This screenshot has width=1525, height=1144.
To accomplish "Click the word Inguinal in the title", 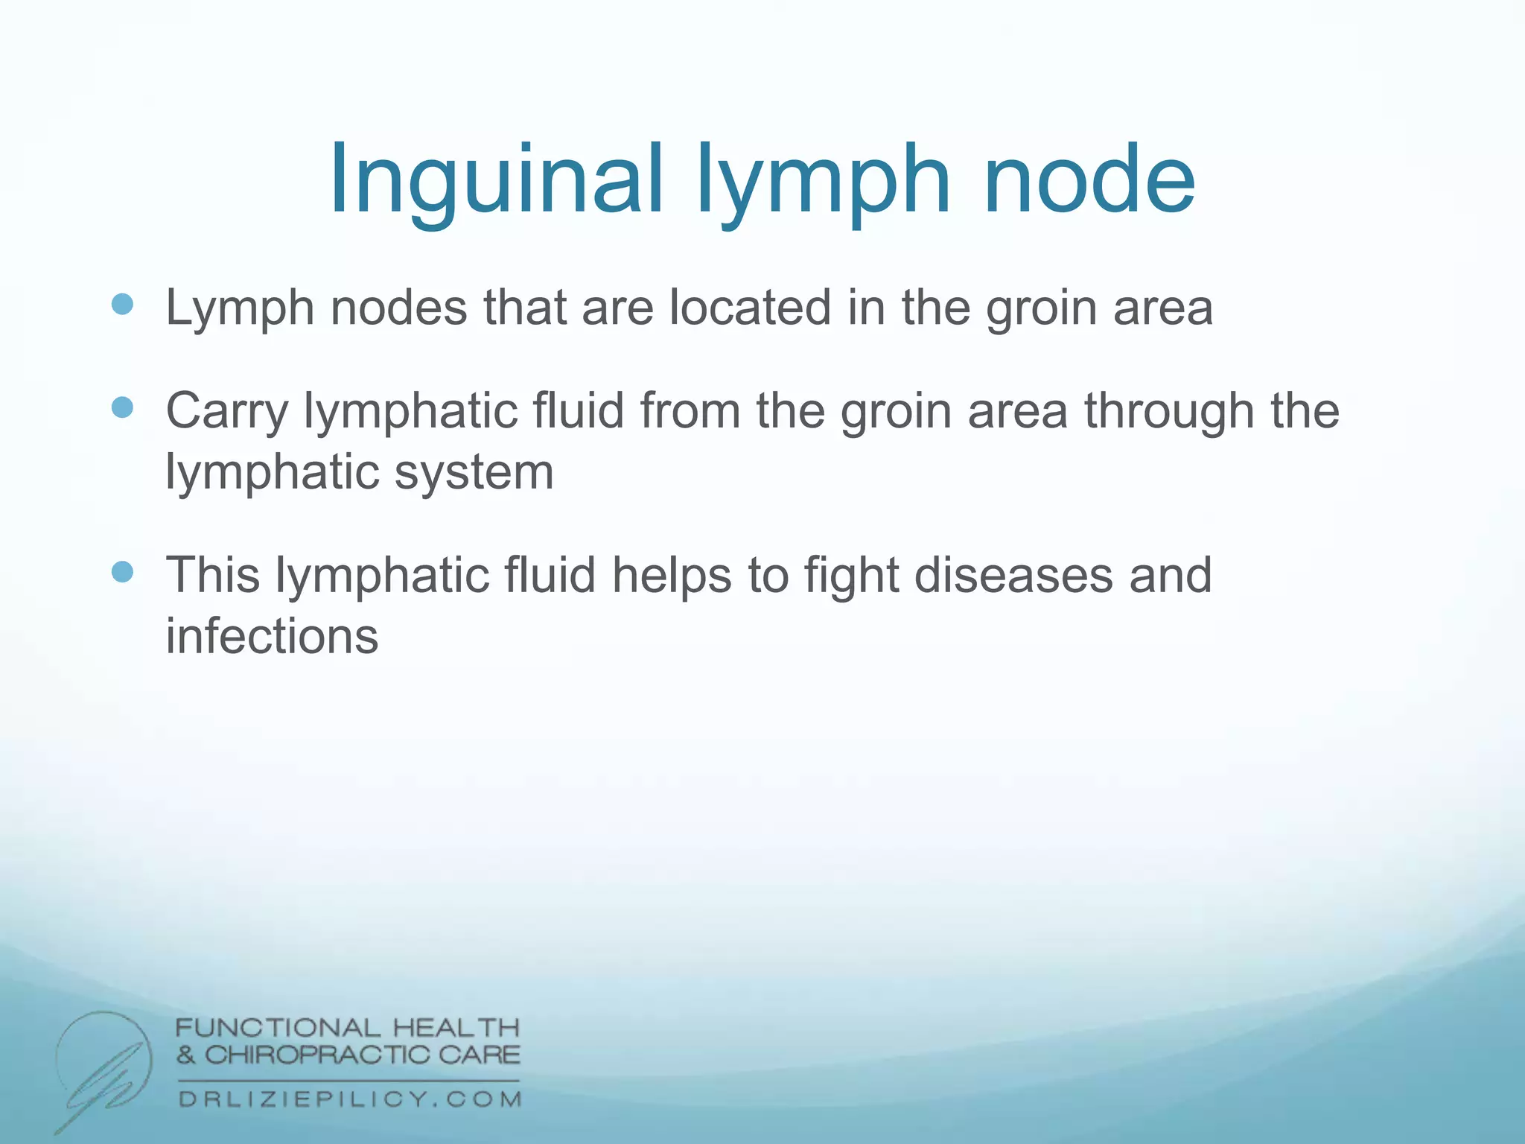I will (495, 181).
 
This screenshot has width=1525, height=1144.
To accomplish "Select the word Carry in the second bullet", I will (226, 412).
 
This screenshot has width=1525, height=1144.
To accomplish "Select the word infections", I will (272, 637).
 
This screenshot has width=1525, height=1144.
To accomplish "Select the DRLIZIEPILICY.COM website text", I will (350, 1099).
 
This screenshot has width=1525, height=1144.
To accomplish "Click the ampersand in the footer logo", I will (186, 1055).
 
